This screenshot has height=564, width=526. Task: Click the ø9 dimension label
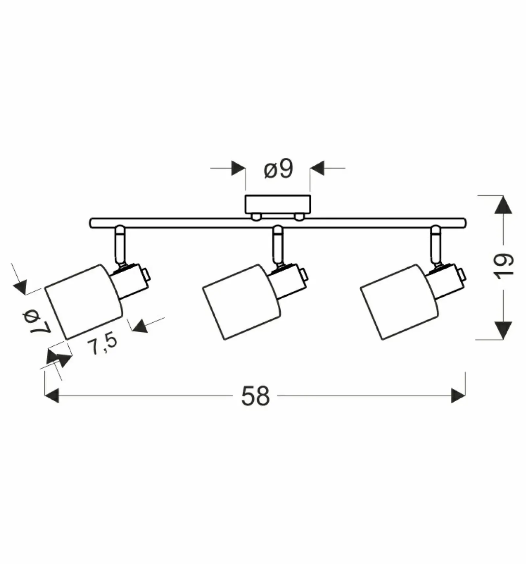[x=278, y=170]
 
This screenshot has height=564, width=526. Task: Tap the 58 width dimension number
[x=255, y=396]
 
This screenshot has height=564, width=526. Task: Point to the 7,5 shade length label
[x=102, y=344]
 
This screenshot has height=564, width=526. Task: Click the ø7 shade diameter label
[x=36, y=322]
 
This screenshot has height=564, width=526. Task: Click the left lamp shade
[x=84, y=302]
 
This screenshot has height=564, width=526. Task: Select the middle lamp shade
[x=241, y=302]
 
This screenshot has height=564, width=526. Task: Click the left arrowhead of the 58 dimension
[x=52, y=395]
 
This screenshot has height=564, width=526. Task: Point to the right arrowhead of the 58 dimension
[x=458, y=395]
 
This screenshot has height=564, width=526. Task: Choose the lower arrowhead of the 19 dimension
[x=503, y=330]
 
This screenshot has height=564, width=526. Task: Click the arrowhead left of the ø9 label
[x=238, y=168]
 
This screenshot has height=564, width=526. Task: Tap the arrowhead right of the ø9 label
[x=317, y=168]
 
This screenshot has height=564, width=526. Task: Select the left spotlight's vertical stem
[x=120, y=245]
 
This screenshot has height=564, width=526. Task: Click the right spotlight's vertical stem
[x=436, y=245]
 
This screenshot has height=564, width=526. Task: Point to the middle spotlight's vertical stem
[x=278, y=245]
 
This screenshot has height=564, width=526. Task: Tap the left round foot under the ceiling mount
[x=256, y=217]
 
